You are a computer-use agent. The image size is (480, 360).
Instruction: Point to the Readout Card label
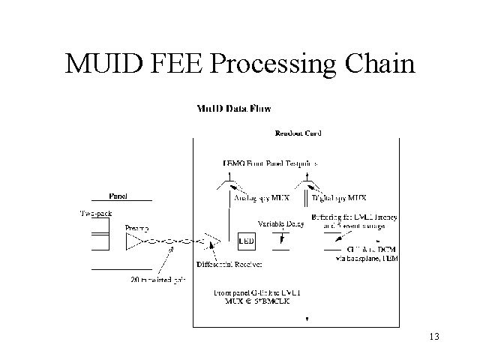(x=298, y=133)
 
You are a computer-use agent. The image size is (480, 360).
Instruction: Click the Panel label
(x=118, y=196)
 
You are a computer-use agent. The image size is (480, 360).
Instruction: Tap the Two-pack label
(x=96, y=214)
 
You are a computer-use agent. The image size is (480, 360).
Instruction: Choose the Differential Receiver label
(x=229, y=265)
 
